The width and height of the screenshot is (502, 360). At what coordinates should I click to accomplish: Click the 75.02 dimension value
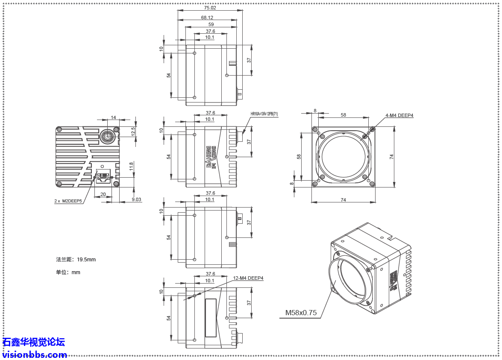pos(210,8)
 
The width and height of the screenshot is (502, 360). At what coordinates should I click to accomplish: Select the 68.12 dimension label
pos(207,18)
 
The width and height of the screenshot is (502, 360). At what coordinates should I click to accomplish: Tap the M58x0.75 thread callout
pos(301,313)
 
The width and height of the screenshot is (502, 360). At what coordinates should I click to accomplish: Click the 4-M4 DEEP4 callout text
pos(399,115)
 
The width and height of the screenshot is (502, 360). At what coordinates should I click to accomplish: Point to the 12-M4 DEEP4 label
pos(248,278)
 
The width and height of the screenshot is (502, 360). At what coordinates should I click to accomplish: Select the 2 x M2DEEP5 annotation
pos(68,201)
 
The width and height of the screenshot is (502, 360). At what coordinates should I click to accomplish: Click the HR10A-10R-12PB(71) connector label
pos(264,114)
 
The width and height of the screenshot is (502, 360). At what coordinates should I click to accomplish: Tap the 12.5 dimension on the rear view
pos(133,131)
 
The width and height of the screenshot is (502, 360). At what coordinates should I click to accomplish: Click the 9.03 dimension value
pos(136,199)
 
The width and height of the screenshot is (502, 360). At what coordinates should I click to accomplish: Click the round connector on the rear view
pos(106,137)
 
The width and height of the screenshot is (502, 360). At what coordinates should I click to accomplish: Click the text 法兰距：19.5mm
pos(76,259)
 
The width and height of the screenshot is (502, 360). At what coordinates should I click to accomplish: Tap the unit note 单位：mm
pos(68,272)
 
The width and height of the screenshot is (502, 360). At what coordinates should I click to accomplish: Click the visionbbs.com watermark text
pos(34,355)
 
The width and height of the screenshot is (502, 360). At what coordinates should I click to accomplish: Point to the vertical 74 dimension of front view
pos(391,157)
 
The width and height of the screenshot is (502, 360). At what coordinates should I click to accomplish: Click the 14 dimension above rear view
pos(113,117)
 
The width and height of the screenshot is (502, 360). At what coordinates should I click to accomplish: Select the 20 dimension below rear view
pos(103,194)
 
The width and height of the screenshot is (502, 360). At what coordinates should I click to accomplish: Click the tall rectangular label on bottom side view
pos(211,318)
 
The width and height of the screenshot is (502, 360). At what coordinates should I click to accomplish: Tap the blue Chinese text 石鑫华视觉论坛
pos(34,342)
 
